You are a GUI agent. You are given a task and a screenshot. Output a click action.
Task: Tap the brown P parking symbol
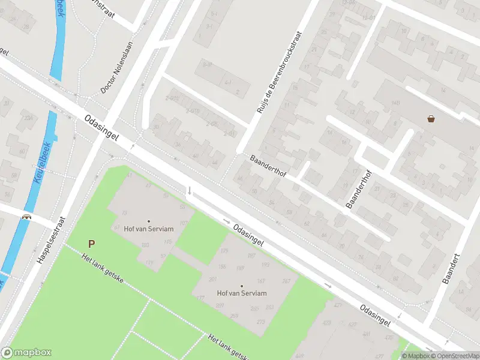point(91,244)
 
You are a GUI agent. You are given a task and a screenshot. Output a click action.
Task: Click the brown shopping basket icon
point(431,119)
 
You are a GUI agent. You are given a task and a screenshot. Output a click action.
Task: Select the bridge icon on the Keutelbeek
point(26,217)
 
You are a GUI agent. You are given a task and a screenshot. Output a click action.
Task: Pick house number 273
point(260,322)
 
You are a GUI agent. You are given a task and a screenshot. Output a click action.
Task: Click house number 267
point(286,281)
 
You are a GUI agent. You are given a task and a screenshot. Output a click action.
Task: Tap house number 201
point(212,280)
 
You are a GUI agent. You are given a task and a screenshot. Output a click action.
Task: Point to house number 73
point(124,213)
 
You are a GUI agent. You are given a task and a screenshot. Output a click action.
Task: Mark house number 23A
point(28,118)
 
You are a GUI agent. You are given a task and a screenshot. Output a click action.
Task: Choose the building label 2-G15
point(173,98)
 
